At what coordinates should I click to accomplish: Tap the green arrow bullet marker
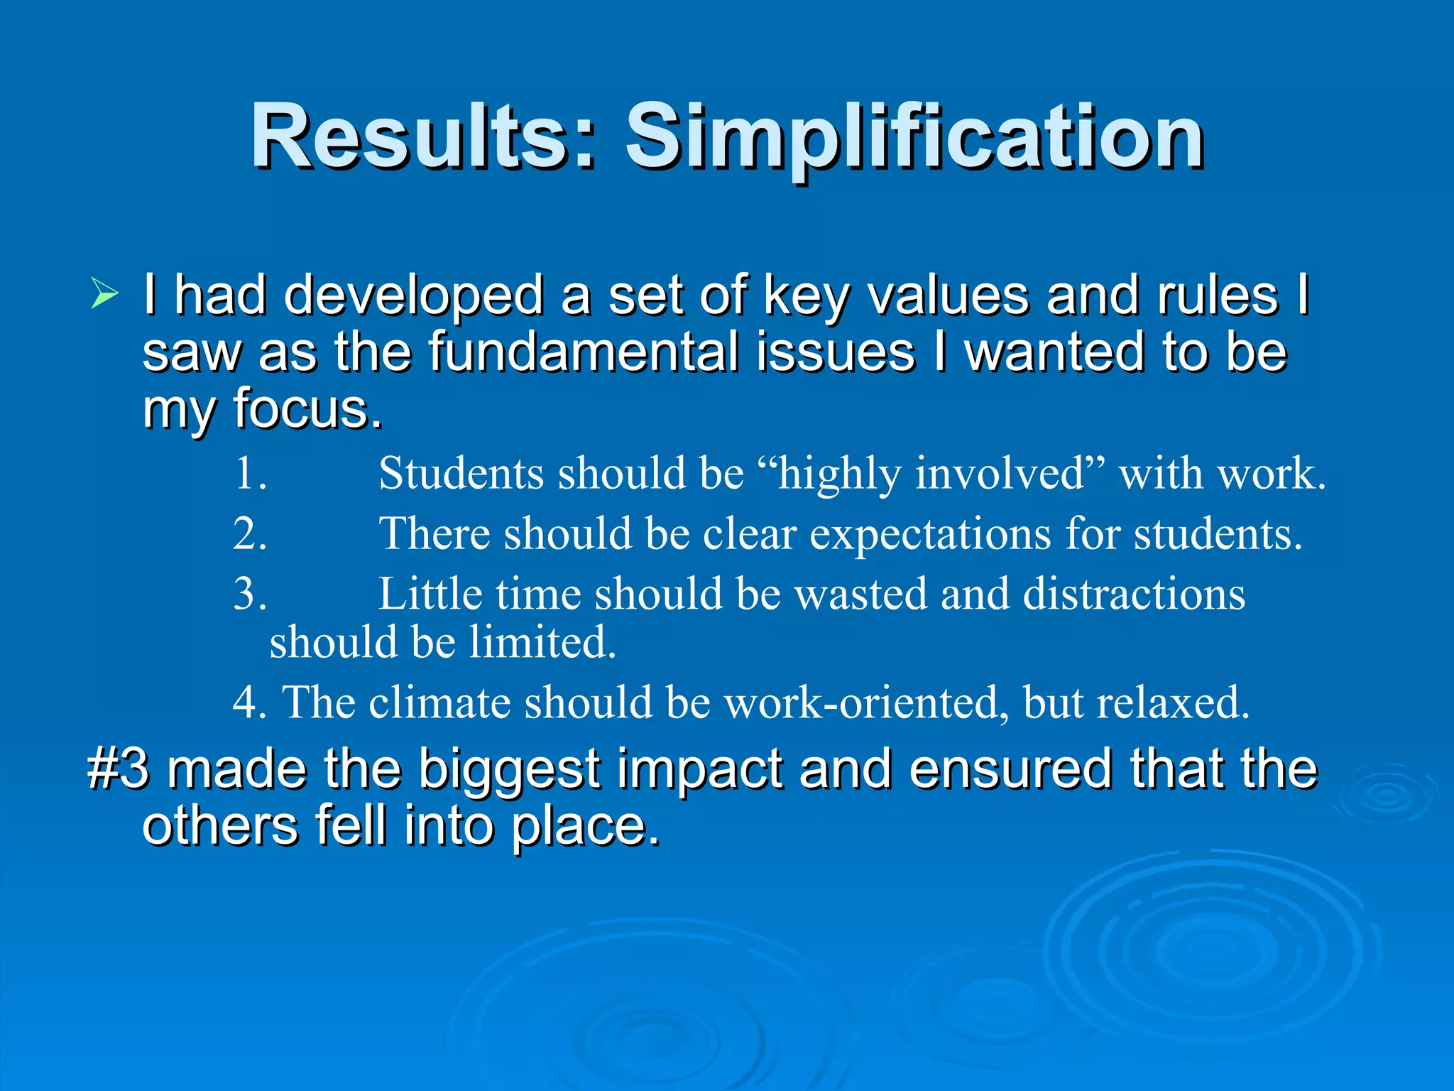104,294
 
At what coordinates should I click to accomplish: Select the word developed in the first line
414,295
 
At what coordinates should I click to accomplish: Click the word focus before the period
302,409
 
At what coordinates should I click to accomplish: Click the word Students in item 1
461,474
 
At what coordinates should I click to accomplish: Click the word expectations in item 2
931,534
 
